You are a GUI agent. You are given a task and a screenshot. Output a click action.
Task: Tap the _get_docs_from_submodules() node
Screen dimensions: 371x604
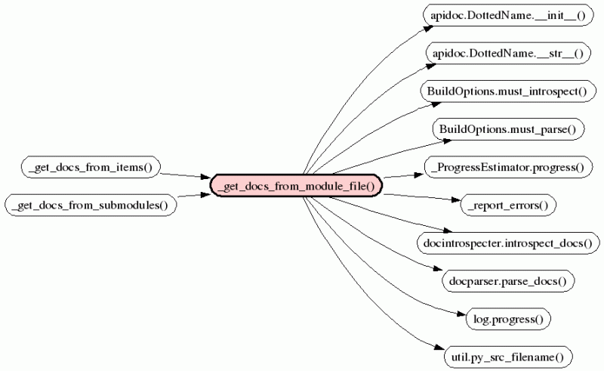point(91,205)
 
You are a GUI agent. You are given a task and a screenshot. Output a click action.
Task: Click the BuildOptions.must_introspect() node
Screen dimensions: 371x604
point(507,91)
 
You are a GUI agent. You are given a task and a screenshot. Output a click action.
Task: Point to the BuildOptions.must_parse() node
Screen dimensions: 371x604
point(507,128)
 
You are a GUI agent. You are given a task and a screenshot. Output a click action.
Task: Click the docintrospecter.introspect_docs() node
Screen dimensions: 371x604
point(507,242)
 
